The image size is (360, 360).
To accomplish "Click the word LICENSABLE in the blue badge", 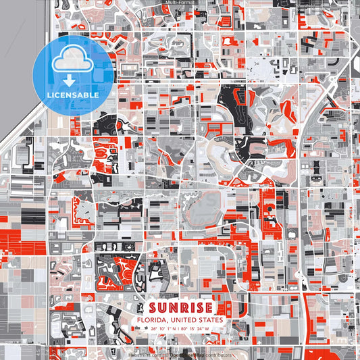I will [x=73, y=95].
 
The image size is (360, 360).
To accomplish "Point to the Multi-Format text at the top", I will [x=180, y=3].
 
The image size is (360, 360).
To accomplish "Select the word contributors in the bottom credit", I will [x=217, y=353].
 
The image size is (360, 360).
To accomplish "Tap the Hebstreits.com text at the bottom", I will [x=144, y=353].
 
